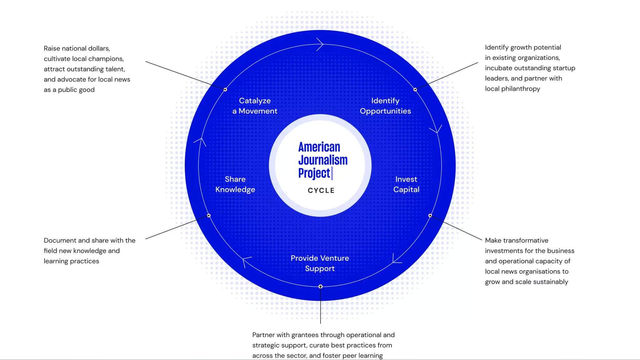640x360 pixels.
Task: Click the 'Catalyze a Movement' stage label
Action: click(x=255, y=106)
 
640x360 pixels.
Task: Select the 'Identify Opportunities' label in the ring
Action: click(x=385, y=106)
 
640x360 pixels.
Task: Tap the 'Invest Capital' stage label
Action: click(x=406, y=184)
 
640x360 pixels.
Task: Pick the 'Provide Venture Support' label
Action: click(x=320, y=263)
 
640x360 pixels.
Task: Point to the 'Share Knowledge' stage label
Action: click(x=235, y=184)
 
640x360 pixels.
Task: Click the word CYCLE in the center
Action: click(x=321, y=190)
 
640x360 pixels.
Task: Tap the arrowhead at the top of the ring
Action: click(x=320, y=44)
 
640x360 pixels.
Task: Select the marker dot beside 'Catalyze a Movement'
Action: click(x=225, y=90)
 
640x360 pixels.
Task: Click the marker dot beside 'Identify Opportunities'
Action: click(x=415, y=90)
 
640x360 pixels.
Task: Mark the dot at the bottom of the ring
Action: click(x=320, y=287)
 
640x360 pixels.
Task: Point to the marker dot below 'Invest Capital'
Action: click(x=430, y=216)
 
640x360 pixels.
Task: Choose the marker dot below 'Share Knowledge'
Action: click(x=209, y=216)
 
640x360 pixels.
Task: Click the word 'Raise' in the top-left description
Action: click(x=52, y=48)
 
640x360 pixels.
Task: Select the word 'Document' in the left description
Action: click(x=60, y=241)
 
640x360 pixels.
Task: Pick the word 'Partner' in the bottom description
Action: click(x=263, y=335)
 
